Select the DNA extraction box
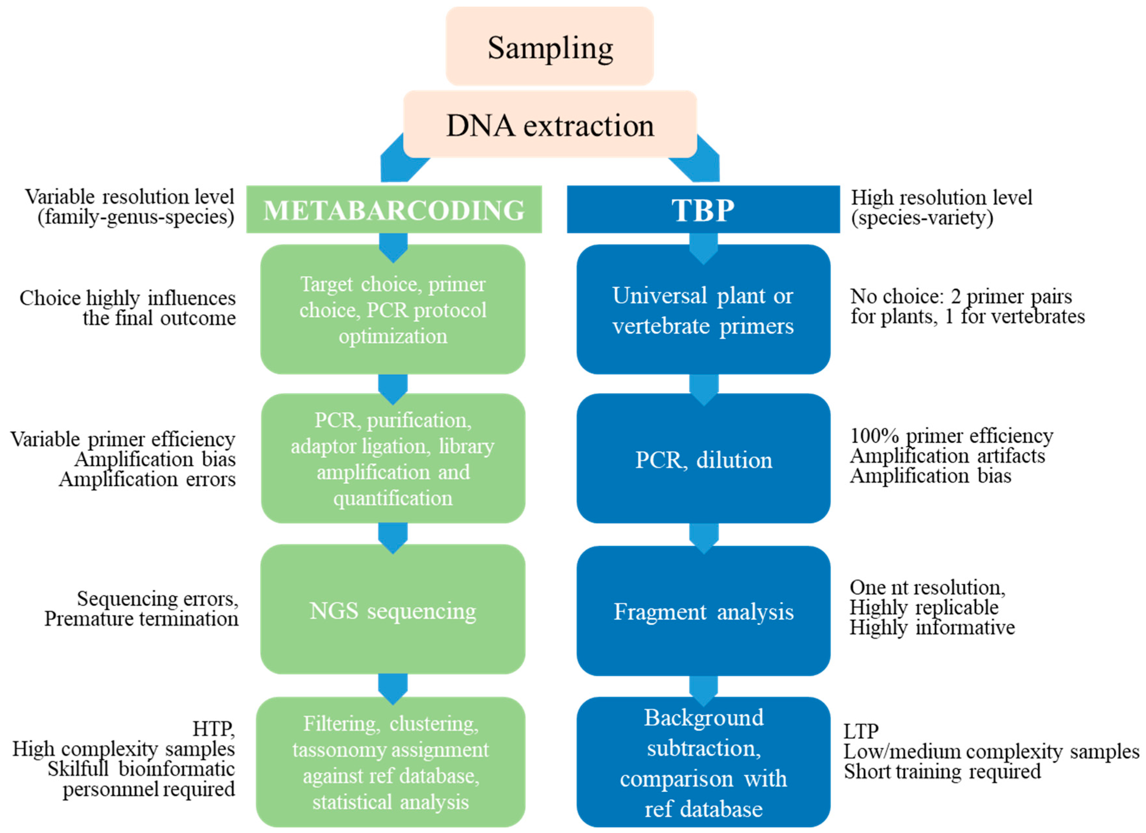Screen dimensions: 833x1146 (550, 125)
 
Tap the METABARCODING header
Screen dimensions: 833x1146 (394, 210)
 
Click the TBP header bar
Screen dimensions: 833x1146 (703, 210)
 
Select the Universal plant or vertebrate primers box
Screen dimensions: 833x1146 (703, 310)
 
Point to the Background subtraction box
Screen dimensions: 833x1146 (703, 763)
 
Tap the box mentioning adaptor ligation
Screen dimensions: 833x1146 (393, 459)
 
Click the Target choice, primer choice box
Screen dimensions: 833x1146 (393, 310)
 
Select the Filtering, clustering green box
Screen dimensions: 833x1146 (390, 763)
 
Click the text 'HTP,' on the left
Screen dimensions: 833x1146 (213, 729)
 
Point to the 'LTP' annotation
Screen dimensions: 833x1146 (861, 731)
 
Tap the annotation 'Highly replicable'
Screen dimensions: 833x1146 (924, 607)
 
